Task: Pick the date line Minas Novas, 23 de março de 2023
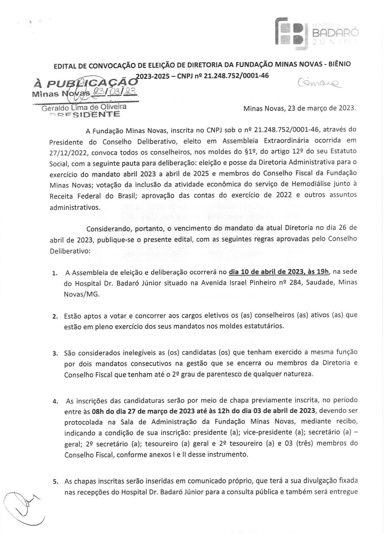[x=300, y=109]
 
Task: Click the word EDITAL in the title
[x=66, y=66]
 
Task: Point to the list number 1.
[x=55, y=273]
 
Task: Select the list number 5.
[x=55, y=482]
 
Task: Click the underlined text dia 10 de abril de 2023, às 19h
[x=279, y=272]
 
